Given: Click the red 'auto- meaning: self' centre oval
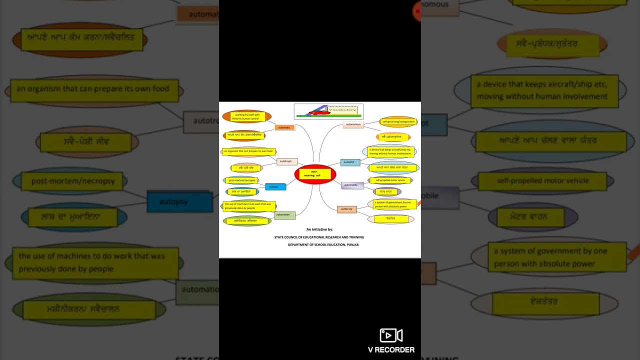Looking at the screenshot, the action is click(x=315, y=174).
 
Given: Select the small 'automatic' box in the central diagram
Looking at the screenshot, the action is click(x=284, y=127).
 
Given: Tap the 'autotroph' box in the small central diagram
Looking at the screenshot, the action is click(x=286, y=161).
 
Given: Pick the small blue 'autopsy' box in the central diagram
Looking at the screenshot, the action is click(x=275, y=187).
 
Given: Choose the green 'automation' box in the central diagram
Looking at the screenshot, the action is click(x=284, y=215).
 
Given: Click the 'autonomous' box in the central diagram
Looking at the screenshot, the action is click(x=353, y=124).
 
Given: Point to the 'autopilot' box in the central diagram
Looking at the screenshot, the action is click(x=349, y=162).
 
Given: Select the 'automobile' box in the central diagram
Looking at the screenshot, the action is click(x=352, y=185).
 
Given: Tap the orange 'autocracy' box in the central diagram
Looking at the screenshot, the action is click(x=346, y=209).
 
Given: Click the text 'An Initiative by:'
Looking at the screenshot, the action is click(x=319, y=229).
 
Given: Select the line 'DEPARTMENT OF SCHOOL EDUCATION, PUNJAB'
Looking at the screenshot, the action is click(x=323, y=244).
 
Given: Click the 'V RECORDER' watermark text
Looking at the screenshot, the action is click(x=391, y=350).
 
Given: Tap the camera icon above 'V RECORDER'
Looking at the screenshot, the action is click(x=391, y=335).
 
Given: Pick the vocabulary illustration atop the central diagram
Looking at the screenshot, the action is click(x=328, y=111).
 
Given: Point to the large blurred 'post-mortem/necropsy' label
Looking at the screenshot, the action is click(x=73, y=181).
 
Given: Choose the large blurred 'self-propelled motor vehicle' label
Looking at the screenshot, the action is click(x=542, y=180).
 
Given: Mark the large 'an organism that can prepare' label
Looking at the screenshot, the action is click(x=93, y=89).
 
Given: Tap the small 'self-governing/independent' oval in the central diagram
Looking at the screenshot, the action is click(x=398, y=121).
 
